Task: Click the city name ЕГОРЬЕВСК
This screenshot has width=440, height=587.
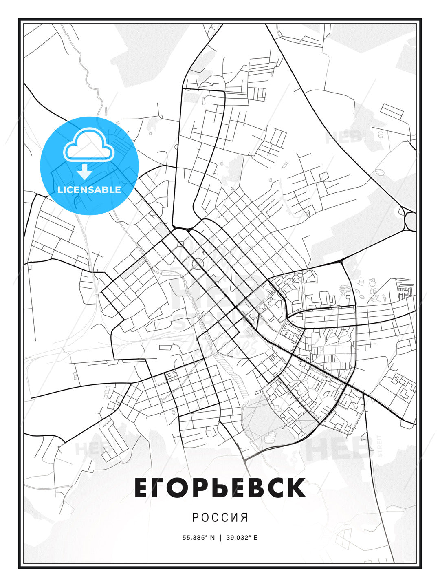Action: (x=220, y=488)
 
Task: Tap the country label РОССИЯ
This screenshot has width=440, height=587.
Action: (x=220, y=518)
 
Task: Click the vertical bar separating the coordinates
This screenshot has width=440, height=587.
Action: (x=220, y=538)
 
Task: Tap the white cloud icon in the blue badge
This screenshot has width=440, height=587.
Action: (x=88, y=145)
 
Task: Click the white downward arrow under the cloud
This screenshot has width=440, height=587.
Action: (x=85, y=172)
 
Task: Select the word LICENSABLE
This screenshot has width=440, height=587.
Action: (x=89, y=190)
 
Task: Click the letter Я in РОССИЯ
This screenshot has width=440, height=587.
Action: (x=244, y=518)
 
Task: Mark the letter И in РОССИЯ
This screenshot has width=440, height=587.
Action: (x=234, y=518)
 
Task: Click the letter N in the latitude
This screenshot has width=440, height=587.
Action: (x=212, y=538)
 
